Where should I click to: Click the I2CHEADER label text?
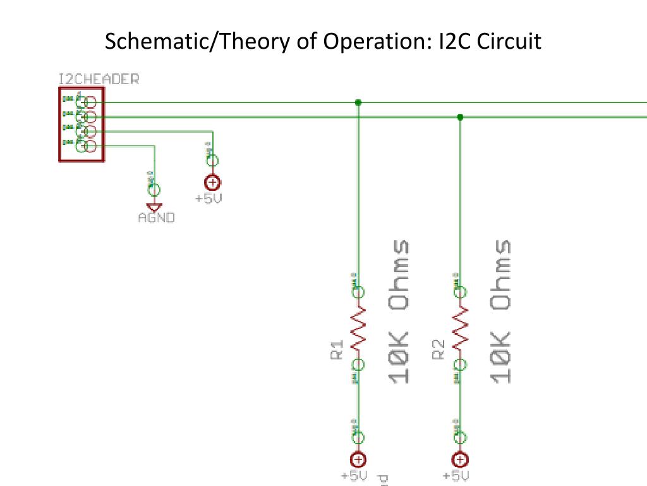[x=98, y=80]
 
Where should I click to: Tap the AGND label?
[x=156, y=218]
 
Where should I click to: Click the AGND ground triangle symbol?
[x=153, y=207]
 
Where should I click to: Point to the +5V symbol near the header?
[x=213, y=183]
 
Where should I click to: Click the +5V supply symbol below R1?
[x=358, y=460]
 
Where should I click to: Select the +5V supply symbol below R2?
[x=460, y=460]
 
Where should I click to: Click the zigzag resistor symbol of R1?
[x=358, y=328]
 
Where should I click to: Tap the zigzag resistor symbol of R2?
[x=460, y=328]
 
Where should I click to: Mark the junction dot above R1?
[x=358, y=102]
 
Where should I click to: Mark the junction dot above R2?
[x=460, y=117]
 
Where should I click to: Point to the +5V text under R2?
[x=456, y=476]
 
